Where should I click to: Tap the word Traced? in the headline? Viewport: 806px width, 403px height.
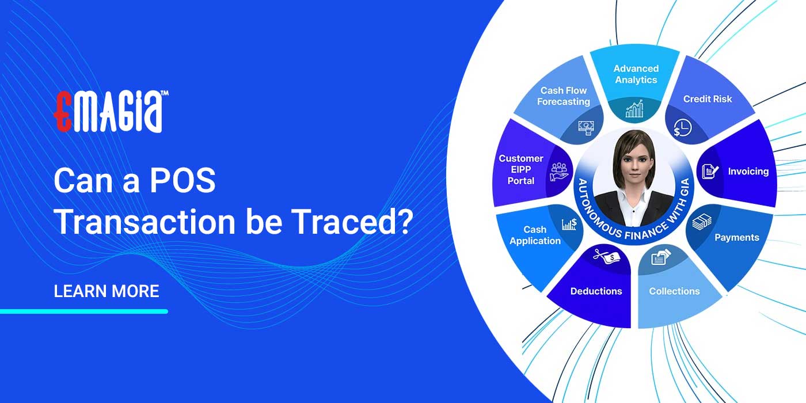(x=357, y=222)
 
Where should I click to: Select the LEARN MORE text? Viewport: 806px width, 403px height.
(x=106, y=291)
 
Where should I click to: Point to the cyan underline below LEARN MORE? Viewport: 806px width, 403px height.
(x=83, y=311)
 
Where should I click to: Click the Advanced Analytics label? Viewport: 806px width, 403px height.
(x=636, y=74)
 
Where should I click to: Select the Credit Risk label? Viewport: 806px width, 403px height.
(x=707, y=99)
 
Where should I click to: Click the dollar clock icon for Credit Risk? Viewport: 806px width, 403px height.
(x=683, y=128)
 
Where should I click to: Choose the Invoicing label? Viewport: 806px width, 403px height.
(x=748, y=172)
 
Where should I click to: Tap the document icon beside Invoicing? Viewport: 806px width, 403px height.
(x=709, y=171)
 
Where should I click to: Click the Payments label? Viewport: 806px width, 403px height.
(x=736, y=237)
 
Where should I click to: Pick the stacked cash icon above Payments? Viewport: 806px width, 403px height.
(x=702, y=222)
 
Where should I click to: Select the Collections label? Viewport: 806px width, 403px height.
(x=674, y=291)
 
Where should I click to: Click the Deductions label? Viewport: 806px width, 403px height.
(x=596, y=291)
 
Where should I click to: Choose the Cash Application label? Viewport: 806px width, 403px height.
(x=534, y=235)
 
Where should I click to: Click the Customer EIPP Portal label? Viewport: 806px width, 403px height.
(x=520, y=169)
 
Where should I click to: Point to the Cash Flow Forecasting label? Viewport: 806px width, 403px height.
(x=563, y=96)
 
